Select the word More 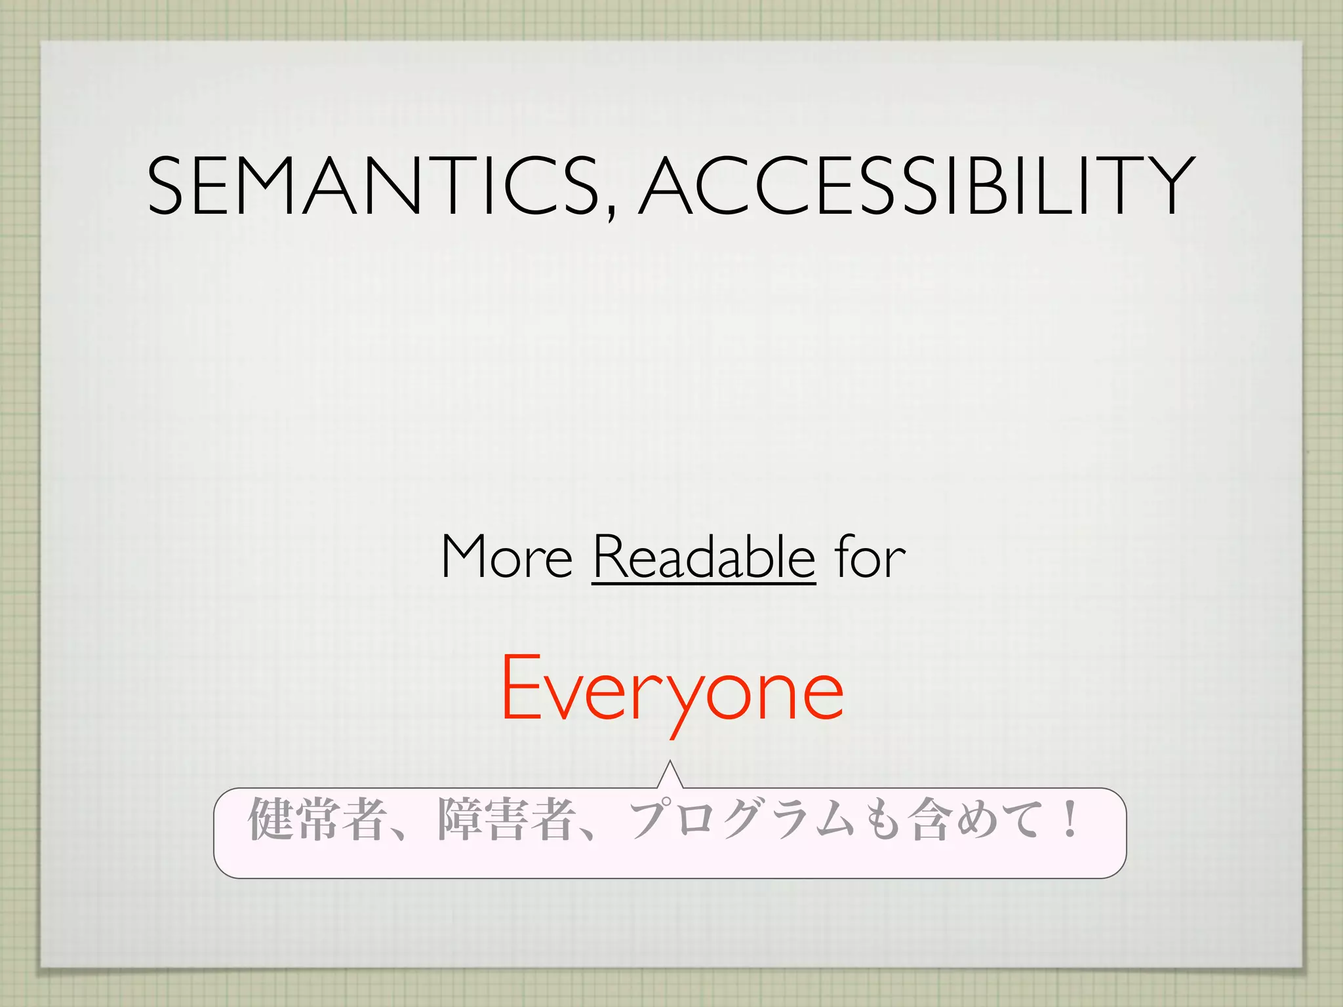[507, 557]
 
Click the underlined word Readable [704, 557]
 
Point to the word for [870, 557]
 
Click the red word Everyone [671, 688]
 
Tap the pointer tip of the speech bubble [670, 762]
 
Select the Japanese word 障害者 [505, 819]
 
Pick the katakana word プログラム [742, 819]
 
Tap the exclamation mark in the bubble [1070, 819]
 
